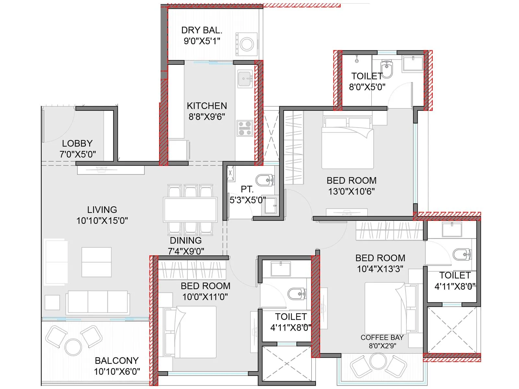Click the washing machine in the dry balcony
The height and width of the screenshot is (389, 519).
(247, 44)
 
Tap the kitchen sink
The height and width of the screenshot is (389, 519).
(245, 79)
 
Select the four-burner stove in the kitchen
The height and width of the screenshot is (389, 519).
(245, 128)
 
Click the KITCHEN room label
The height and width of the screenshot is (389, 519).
(207, 106)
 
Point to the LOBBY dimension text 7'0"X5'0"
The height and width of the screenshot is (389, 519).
(78, 154)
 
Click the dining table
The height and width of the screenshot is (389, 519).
(190, 210)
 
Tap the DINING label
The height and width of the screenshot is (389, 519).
(186, 241)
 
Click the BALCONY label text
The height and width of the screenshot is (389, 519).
(116, 360)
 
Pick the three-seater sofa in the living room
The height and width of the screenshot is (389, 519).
(98, 302)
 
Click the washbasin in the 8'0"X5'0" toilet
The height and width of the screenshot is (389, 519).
(413, 63)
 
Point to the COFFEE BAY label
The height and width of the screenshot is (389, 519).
(382, 337)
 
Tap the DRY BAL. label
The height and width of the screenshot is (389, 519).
(202, 30)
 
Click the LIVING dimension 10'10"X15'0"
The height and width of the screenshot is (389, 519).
(102, 221)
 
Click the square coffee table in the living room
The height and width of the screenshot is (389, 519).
(96, 262)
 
